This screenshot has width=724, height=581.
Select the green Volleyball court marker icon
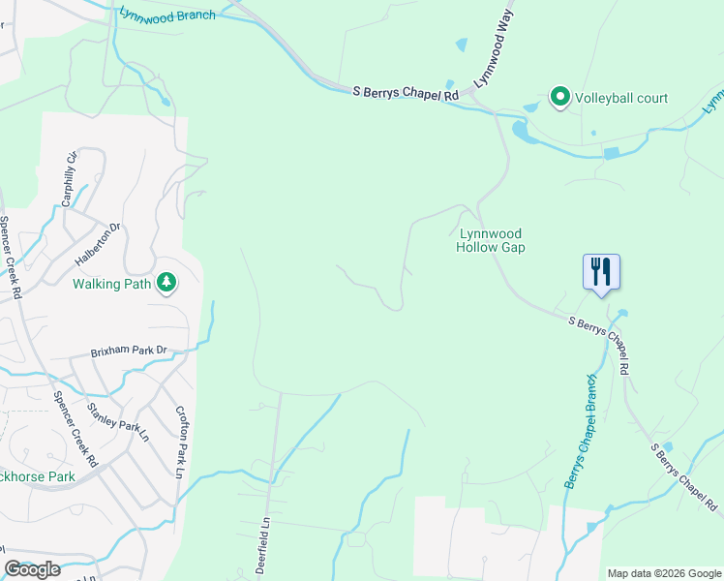click(559, 97)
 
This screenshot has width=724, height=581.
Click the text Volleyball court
click(621, 98)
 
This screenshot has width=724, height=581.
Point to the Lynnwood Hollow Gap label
click(491, 240)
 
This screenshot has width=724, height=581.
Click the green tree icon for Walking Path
click(167, 282)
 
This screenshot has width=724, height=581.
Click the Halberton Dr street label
click(98, 245)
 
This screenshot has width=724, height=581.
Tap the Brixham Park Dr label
click(129, 352)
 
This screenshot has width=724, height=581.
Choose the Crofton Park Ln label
click(180, 442)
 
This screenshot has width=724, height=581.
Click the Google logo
click(33, 569)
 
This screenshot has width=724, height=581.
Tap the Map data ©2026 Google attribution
click(664, 573)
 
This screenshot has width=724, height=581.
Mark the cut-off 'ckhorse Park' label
click(38, 476)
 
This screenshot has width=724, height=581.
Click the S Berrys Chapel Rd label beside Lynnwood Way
click(405, 93)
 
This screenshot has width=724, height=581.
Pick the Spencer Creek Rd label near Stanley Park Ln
click(76, 430)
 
